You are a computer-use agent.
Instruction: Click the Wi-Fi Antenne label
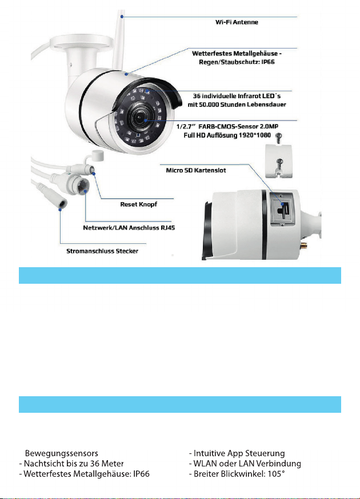click(237, 22)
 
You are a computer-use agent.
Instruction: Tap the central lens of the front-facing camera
click(141, 118)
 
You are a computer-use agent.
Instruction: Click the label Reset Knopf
click(139, 204)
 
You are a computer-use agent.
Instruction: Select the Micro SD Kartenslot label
click(196, 170)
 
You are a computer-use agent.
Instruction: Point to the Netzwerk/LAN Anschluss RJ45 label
click(129, 228)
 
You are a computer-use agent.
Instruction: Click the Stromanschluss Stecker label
click(102, 251)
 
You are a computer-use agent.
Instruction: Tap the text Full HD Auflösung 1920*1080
click(227, 135)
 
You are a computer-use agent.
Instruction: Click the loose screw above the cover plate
click(279, 137)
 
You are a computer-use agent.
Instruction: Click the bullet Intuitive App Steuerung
click(237, 453)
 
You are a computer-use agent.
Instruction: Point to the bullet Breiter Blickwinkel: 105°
click(237, 474)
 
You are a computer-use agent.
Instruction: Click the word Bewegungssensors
click(62, 453)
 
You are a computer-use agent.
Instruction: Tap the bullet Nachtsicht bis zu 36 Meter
click(71, 464)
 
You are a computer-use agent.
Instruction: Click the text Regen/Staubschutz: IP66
click(237, 62)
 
